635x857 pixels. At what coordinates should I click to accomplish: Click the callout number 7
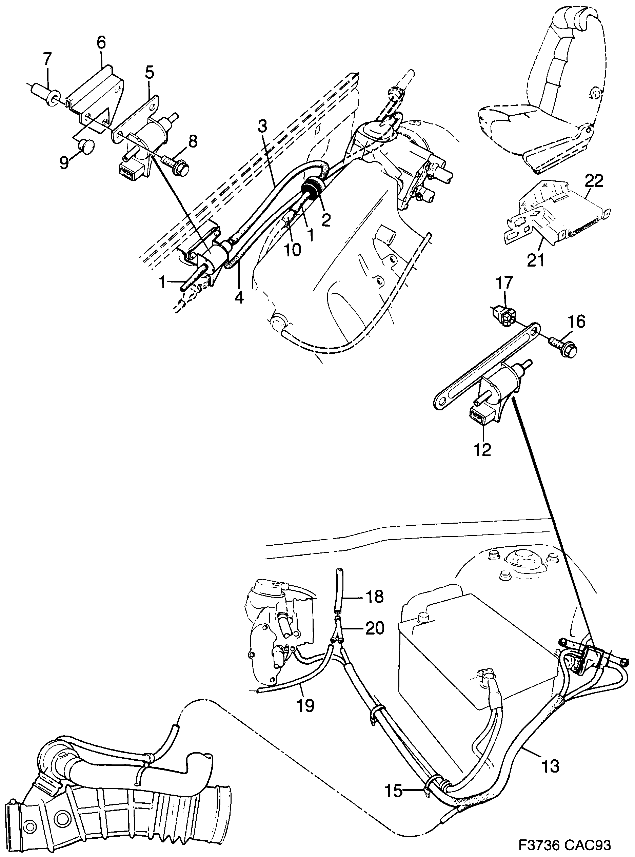click(46, 60)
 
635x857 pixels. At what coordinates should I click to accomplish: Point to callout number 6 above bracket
click(101, 43)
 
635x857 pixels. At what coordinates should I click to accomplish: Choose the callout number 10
click(293, 250)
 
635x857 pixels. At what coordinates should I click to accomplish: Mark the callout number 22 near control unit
click(594, 181)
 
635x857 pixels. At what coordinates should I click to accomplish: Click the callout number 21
click(535, 261)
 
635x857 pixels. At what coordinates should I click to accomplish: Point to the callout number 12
click(482, 449)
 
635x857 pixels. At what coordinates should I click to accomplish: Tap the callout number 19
click(305, 705)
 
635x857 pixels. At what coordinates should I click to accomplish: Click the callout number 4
click(239, 297)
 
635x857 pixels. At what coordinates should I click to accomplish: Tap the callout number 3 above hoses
click(262, 127)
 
